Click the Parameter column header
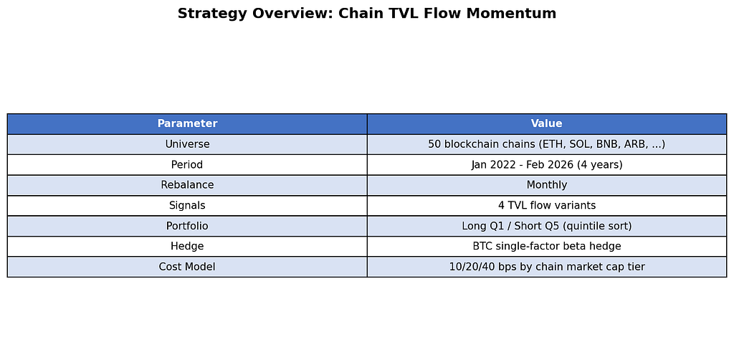(x=187, y=123)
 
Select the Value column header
(x=547, y=123)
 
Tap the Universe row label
(x=187, y=144)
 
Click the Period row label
(x=187, y=165)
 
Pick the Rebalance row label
(x=187, y=185)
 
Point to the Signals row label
(x=187, y=206)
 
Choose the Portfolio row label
(x=187, y=226)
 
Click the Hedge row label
(x=187, y=246)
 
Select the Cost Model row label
(x=187, y=267)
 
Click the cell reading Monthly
(x=547, y=185)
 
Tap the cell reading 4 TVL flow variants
(x=547, y=206)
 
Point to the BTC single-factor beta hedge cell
(x=547, y=246)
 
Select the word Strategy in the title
(x=212, y=14)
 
